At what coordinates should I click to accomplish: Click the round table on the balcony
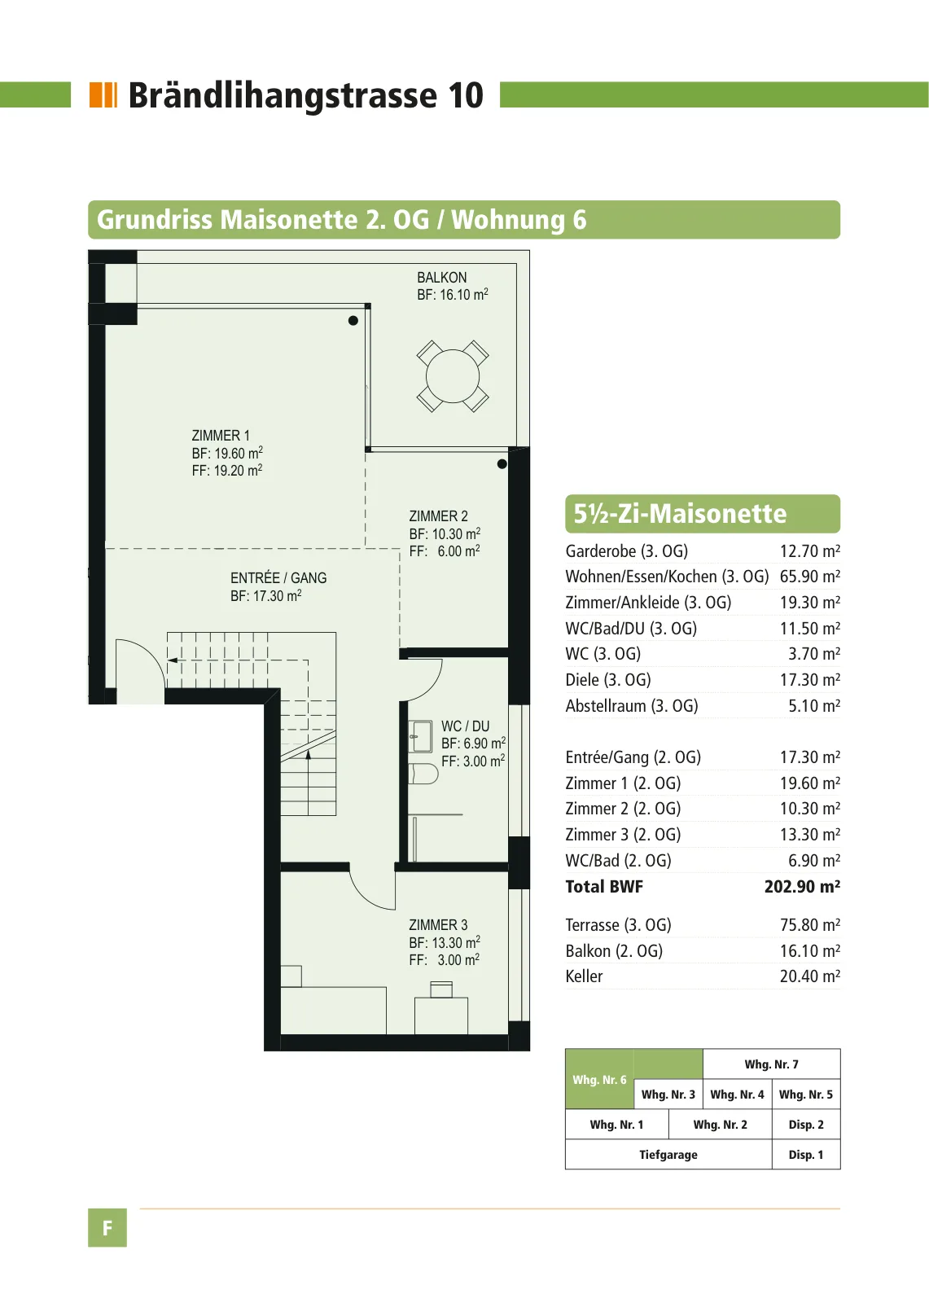(x=452, y=375)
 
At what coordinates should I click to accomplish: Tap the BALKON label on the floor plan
(x=441, y=278)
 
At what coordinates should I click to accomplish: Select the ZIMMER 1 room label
(x=221, y=435)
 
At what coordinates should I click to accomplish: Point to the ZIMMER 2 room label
(x=438, y=516)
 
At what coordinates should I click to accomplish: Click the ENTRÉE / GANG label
(x=278, y=577)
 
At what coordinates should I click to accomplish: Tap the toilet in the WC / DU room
(x=423, y=773)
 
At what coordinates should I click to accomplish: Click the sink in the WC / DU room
(x=420, y=736)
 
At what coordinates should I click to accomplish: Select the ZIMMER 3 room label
(x=438, y=924)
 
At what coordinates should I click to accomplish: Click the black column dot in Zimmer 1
(x=353, y=321)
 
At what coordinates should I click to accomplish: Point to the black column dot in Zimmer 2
(x=502, y=463)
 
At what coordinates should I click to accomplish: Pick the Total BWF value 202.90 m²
(x=802, y=886)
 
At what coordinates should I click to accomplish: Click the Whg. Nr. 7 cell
(x=771, y=1064)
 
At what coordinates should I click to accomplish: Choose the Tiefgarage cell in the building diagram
(x=668, y=1154)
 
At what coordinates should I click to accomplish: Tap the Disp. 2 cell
(x=806, y=1124)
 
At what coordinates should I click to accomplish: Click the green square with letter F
(x=107, y=1227)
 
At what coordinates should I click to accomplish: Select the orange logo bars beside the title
(x=103, y=94)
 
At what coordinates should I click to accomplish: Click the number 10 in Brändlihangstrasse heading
(x=466, y=95)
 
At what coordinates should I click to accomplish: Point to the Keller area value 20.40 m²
(x=810, y=976)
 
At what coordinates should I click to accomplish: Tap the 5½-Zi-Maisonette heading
(x=680, y=514)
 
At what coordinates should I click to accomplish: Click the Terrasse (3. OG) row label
(x=618, y=924)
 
